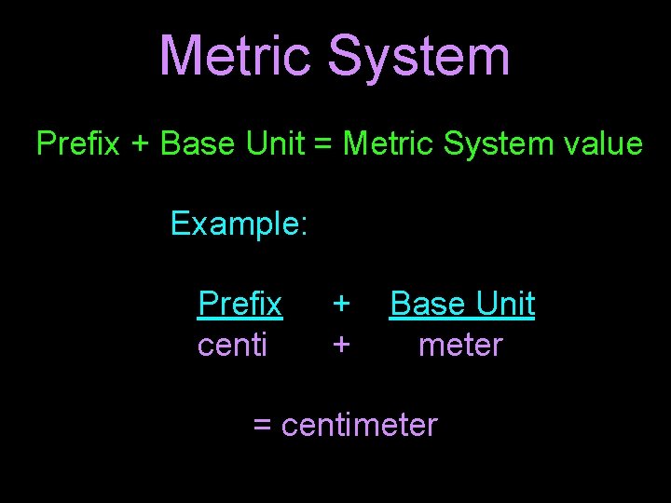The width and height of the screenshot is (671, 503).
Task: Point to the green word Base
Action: [x=196, y=144]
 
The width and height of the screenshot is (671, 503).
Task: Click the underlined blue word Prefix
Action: [x=240, y=304]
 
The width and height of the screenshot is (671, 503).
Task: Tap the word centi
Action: [x=233, y=345]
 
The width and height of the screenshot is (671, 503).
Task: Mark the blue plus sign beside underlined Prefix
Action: [x=342, y=305]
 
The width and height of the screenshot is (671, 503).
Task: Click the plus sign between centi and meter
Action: [x=342, y=346]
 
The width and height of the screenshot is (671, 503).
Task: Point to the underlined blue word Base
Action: [x=427, y=304]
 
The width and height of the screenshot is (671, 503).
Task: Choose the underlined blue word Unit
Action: [x=504, y=304]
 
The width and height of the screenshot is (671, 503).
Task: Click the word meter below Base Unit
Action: [x=460, y=345]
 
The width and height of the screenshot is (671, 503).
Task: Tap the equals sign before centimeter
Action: [x=263, y=426]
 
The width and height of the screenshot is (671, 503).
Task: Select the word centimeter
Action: [x=359, y=425]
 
